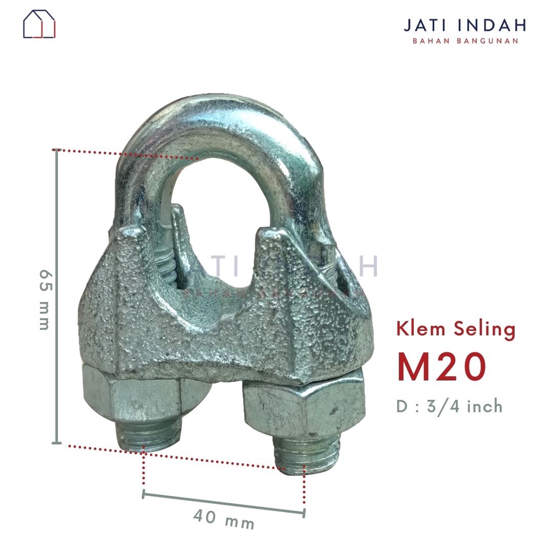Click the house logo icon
39,24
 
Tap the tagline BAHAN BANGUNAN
465,41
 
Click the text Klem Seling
456,329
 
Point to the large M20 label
442,368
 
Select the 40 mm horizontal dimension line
223,502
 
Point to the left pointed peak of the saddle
128,233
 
